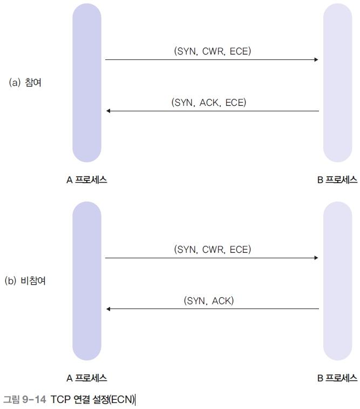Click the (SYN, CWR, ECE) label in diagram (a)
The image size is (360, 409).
(212, 51)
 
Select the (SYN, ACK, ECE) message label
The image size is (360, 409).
(209, 102)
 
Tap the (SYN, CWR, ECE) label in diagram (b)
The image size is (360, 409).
(212, 250)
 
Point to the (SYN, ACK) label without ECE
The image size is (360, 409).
(209, 300)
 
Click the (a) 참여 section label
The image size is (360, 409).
(25, 83)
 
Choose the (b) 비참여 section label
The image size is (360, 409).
(25, 281)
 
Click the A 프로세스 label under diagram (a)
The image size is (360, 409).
(87, 180)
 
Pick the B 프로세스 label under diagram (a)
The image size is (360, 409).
(337, 180)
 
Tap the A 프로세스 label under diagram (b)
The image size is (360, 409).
(87, 378)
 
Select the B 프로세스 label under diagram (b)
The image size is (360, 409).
(337, 378)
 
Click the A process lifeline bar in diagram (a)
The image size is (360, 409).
(87, 83)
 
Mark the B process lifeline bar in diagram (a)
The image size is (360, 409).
(337, 83)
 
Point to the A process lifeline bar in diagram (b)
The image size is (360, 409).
(87, 281)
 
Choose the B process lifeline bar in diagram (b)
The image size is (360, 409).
(337, 281)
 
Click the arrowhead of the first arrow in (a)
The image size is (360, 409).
(316, 59)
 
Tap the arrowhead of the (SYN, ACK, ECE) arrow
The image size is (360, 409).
(108, 111)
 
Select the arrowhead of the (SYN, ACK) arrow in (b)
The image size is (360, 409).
(108, 309)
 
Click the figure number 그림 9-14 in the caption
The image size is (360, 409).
(25, 400)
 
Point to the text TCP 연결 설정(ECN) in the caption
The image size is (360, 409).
(93, 400)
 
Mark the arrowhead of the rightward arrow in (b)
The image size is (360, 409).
(316, 258)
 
